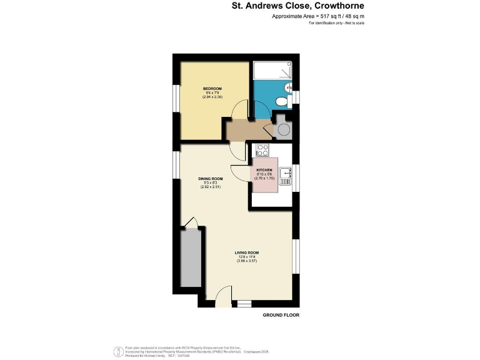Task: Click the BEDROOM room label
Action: click(x=212, y=89)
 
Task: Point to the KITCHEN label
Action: click(x=264, y=169)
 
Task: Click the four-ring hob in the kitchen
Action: click(x=262, y=150)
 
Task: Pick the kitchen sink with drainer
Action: click(x=285, y=176)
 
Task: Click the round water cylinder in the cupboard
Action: click(x=283, y=129)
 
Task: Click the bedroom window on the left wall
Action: click(x=176, y=99)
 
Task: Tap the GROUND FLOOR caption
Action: click(x=280, y=315)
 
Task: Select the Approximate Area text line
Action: click(x=318, y=16)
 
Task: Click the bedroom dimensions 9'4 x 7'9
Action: click(x=212, y=93)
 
